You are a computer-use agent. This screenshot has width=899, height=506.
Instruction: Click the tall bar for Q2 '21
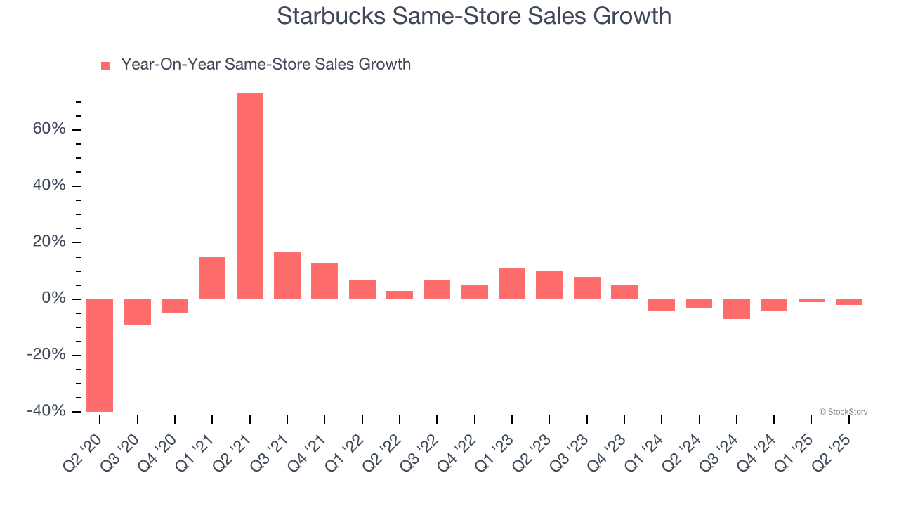(x=249, y=196)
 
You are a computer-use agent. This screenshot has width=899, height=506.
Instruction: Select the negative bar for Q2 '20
(x=100, y=355)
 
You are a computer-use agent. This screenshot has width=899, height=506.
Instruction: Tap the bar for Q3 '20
(x=138, y=312)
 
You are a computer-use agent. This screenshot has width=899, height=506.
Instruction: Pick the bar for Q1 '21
(x=212, y=278)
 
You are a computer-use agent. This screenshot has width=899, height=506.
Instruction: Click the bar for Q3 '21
(x=287, y=275)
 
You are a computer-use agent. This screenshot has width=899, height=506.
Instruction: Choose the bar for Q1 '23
(x=512, y=284)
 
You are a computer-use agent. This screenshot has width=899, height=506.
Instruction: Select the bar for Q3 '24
(x=737, y=309)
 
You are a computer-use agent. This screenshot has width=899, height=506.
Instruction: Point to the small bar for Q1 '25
(x=811, y=301)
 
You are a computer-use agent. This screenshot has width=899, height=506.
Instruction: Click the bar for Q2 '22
(x=400, y=295)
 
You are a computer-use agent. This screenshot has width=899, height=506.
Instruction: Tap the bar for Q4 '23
(x=624, y=292)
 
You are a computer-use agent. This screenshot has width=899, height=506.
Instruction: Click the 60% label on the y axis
(x=48, y=129)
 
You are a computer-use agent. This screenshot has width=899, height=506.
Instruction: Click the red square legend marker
(x=105, y=66)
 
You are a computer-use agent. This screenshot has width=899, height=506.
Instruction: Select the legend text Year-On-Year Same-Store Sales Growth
(x=265, y=65)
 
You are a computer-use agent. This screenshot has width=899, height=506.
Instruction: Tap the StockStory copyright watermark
(x=843, y=412)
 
